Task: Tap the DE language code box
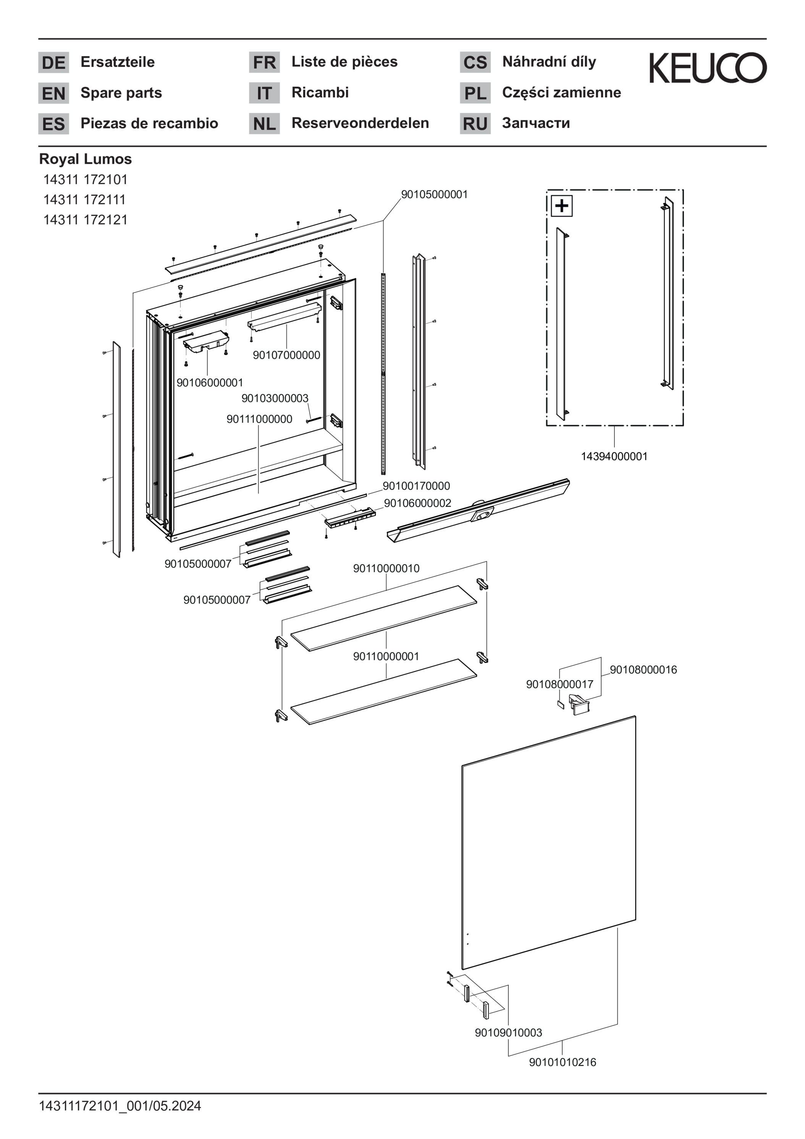[x=53, y=63]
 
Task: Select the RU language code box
[x=475, y=123]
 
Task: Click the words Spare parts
[x=121, y=93]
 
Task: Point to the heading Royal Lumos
[x=85, y=159]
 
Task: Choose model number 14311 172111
[x=84, y=199]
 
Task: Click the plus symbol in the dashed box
[x=561, y=205]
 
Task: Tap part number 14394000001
[x=614, y=456]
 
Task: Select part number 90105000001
[x=434, y=194]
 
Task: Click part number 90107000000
[x=286, y=355]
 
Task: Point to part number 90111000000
[x=259, y=419]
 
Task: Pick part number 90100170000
[x=416, y=486]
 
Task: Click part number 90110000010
[x=386, y=568]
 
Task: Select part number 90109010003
[x=508, y=1033]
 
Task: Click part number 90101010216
[x=563, y=1062]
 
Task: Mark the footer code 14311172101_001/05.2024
[x=120, y=1106]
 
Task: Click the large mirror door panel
[x=548, y=843]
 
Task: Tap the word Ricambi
[x=320, y=92]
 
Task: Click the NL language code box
[x=264, y=123]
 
